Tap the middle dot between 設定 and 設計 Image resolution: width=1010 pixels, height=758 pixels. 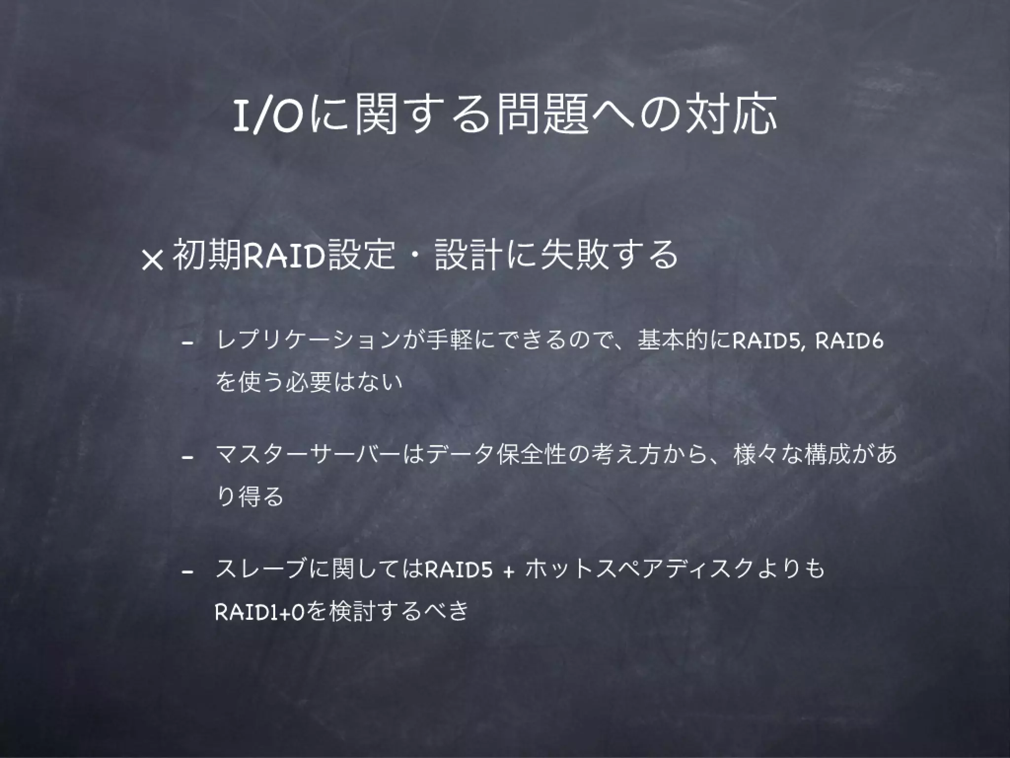[415, 257]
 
